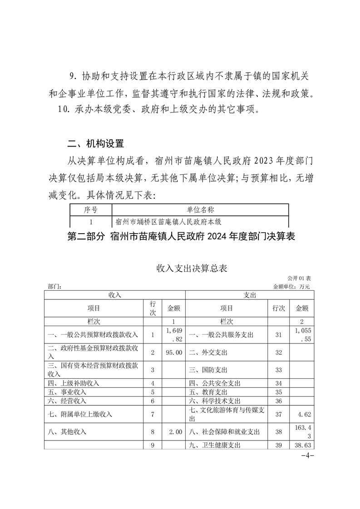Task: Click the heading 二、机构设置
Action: pos(95,144)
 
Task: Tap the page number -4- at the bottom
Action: pos(308,455)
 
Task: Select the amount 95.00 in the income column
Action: pos(174,352)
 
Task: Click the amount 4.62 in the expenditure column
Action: pos(302,414)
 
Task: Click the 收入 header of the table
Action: pos(115,295)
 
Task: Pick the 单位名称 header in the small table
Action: pos(200,210)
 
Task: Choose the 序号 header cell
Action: pos(91,210)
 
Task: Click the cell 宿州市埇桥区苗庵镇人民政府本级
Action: pos(171,222)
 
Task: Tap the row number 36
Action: pos(279,401)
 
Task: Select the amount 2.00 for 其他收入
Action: pos(174,432)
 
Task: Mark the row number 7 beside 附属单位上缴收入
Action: pos(153,414)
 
